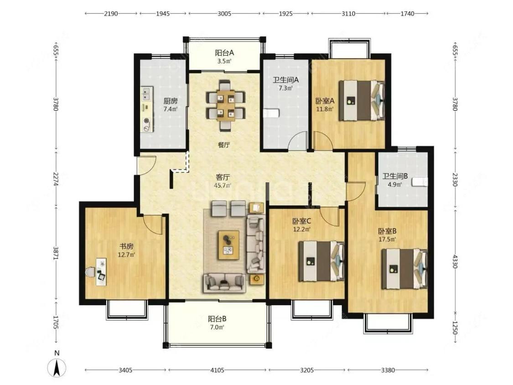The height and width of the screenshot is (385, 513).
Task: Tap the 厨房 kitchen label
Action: click(171, 101)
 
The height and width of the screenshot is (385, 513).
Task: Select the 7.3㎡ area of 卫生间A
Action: click(285, 88)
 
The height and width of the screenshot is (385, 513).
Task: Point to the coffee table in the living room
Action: click(229, 245)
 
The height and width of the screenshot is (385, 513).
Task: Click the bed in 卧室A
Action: click(362, 100)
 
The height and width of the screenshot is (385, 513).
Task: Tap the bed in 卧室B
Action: click(404, 269)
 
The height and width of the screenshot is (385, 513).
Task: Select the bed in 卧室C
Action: click(321, 261)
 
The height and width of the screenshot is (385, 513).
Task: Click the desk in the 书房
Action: click(101, 272)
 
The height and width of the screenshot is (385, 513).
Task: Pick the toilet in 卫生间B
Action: click(420, 182)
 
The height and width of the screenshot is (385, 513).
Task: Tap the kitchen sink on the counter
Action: click(146, 94)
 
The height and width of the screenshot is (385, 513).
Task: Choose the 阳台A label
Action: click(224, 53)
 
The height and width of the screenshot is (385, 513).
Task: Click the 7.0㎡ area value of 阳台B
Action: click(217, 327)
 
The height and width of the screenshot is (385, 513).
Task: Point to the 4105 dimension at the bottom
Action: click(217, 370)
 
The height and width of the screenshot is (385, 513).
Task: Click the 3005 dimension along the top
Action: click(224, 13)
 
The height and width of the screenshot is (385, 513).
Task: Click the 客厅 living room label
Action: click(223, 177)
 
